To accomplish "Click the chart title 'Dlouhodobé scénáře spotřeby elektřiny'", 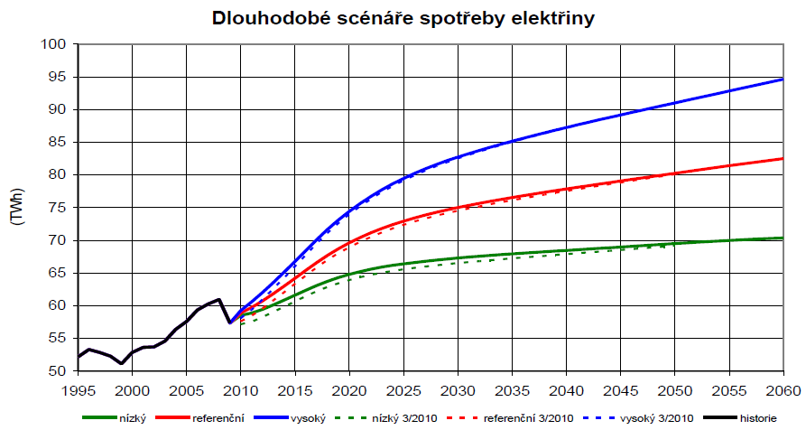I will coord(403,18).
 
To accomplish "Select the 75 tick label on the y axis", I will coord(58,208).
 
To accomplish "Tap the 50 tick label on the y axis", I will coord(58,371).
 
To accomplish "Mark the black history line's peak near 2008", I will coord(218,299).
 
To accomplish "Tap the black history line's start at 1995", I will coord(79,357).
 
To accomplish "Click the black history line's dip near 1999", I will coord(122,363).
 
